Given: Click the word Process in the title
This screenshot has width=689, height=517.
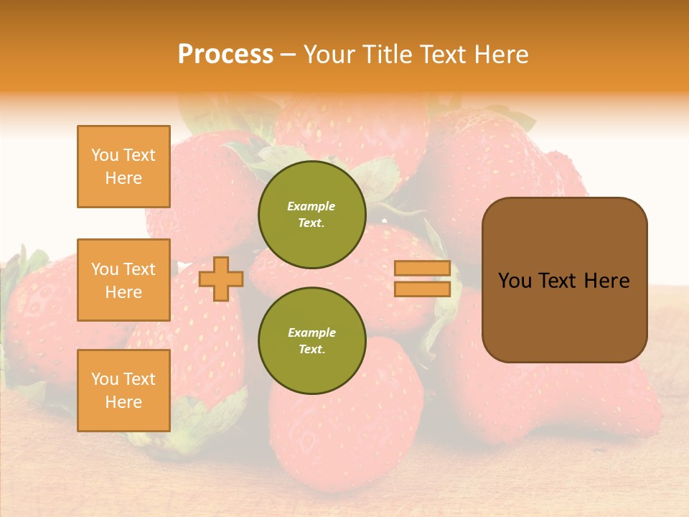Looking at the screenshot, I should [x=225, y=54].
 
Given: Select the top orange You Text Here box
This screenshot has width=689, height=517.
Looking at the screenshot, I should [x=123, y=167].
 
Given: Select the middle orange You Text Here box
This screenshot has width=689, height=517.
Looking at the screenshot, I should [x=123, y=280].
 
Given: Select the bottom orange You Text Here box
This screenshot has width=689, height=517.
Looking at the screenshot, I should [x=123, y=391].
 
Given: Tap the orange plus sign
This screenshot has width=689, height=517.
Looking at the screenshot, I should [x=221, y=279].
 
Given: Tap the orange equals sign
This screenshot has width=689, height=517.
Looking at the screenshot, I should [x=423, y=279].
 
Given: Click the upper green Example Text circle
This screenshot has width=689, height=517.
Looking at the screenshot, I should [x=312, y=215].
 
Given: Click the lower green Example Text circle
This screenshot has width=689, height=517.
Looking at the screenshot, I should [x=312, y=341].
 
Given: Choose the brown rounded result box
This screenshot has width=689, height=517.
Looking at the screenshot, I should [x=564, y=280].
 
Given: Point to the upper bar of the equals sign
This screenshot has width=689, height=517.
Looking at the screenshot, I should [x=423, y=269].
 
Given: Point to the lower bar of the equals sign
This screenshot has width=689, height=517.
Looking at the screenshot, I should [x=423, y=289].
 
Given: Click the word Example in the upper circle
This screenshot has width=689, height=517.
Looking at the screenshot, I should [x=311, y=206].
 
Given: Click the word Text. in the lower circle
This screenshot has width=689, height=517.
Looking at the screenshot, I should [x=311, y=350].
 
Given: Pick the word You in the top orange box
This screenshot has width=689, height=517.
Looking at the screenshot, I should [x=105, y=155].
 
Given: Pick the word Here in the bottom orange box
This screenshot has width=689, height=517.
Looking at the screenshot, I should [x=123, y=402].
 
